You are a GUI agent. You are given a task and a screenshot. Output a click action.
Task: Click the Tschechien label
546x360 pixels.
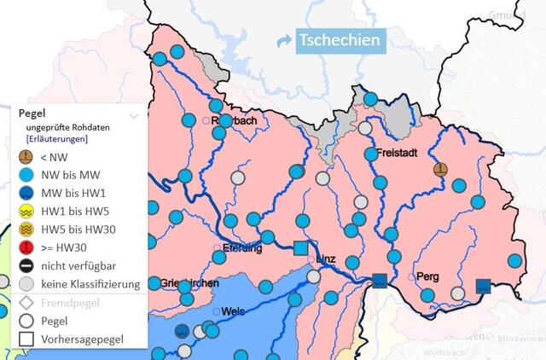click(x=338, y=40)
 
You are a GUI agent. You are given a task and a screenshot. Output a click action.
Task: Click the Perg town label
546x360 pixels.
click(x=427, y=276)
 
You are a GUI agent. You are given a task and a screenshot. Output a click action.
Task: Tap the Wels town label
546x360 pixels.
click(x=233, y=311)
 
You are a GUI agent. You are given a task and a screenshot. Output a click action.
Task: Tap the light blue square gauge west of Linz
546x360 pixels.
click(x=300, y=248)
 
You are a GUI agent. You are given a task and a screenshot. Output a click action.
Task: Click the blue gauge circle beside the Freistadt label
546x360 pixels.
click(x=370, y=154)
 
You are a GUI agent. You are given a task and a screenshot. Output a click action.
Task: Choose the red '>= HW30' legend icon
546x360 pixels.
click(x=27, y=247)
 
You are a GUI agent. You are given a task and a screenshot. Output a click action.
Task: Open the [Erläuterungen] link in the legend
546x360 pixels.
click(x=57, y=138)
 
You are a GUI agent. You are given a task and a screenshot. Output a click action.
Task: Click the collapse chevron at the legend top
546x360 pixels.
click(x=133, y=114)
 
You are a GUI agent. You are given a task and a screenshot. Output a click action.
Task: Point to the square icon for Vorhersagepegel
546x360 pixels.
click(x=27, y=340)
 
